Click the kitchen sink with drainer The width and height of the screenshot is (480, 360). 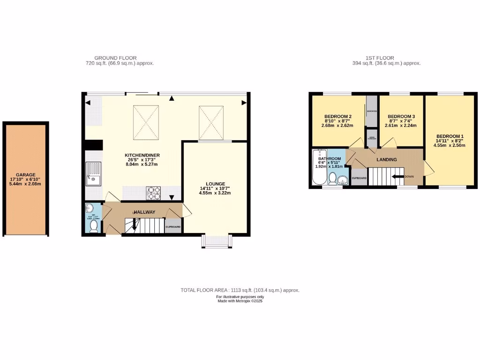click(93, 173)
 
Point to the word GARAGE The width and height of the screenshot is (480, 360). click(26, 174)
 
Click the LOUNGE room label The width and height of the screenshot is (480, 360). click(215, 184)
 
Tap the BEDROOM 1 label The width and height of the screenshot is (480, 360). click(448, 135)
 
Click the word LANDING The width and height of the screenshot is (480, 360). click(387, 160)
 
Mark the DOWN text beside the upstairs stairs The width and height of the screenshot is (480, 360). click(409, 177)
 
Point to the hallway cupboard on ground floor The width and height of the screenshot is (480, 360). click(173, 226)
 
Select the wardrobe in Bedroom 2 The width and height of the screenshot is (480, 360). click(372, 111)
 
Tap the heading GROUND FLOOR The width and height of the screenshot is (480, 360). click(115, 58)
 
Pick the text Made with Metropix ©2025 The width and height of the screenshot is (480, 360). click(240, 301)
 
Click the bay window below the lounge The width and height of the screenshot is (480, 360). click(216, 241)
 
